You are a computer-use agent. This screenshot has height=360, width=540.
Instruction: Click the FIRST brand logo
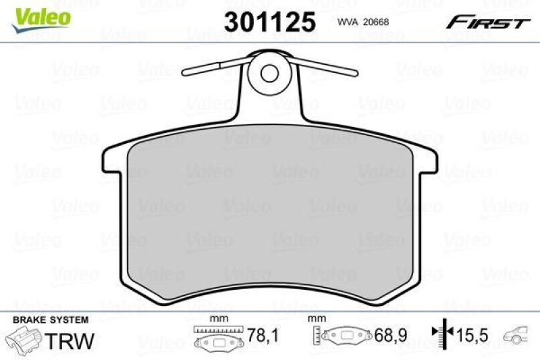pyautogui.click(x=487, y=22)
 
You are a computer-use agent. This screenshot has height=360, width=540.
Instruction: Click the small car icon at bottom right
pyautogui.click(x=519, y=334)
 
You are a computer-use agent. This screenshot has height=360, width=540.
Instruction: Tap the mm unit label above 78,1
pyautogui.click(x=216, y=319)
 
